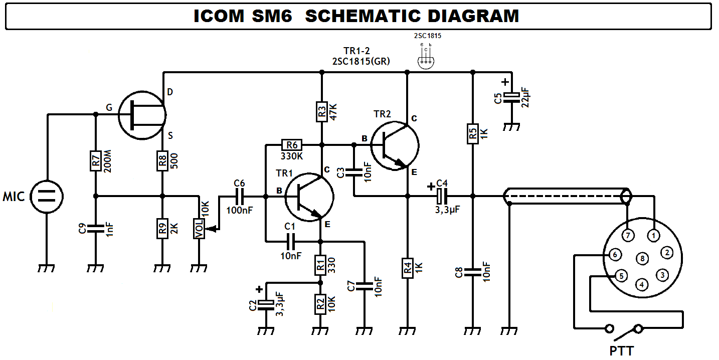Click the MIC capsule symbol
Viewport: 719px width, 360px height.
tap(47, 197)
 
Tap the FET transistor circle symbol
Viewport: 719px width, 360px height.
tap(142, 115)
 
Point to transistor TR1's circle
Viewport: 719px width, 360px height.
tap(309, 197)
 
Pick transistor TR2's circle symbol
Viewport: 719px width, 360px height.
tap(395, 145)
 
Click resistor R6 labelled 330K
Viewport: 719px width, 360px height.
tap(291, 145)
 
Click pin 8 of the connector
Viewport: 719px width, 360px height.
tap(642, 259)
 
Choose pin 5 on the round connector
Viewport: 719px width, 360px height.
tap(621, 275)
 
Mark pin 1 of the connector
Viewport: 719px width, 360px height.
tap(653, 235)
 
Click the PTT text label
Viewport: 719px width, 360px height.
tap(622, 350)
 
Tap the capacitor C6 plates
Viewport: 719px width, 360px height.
tap(240, 197)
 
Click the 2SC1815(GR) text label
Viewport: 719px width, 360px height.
tap(361, 61)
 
